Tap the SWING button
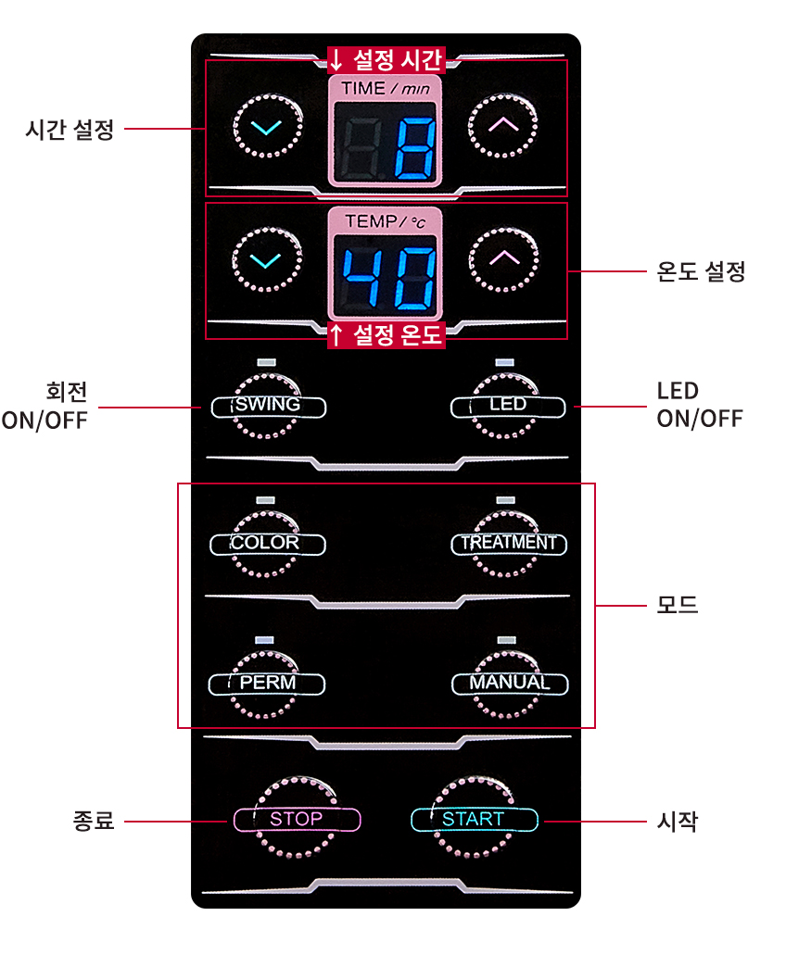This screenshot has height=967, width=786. click(269, 407)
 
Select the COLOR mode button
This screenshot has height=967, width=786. click(267, 544)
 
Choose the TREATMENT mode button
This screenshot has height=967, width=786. click(509, 544)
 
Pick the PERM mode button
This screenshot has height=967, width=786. click(267, 684)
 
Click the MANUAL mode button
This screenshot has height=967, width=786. click(510, 684)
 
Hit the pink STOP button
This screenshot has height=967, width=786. click(297, 819)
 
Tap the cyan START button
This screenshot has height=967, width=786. click(474, 819)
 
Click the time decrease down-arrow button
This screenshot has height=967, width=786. click(267, 126)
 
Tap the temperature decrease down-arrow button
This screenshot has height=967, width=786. click(267, 259)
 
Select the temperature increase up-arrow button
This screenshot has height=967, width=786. click(503, 259)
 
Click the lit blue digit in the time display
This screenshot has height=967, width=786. click(414, 148)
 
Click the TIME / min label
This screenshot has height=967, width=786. click(385, 89)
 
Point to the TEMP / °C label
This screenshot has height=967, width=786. click(385, 220)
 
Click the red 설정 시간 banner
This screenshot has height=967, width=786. click(387, 60)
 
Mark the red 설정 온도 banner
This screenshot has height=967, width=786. click(387, 335)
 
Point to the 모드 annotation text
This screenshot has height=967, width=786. click(677, 604)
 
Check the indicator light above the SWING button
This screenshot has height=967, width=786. click(266, 362)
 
